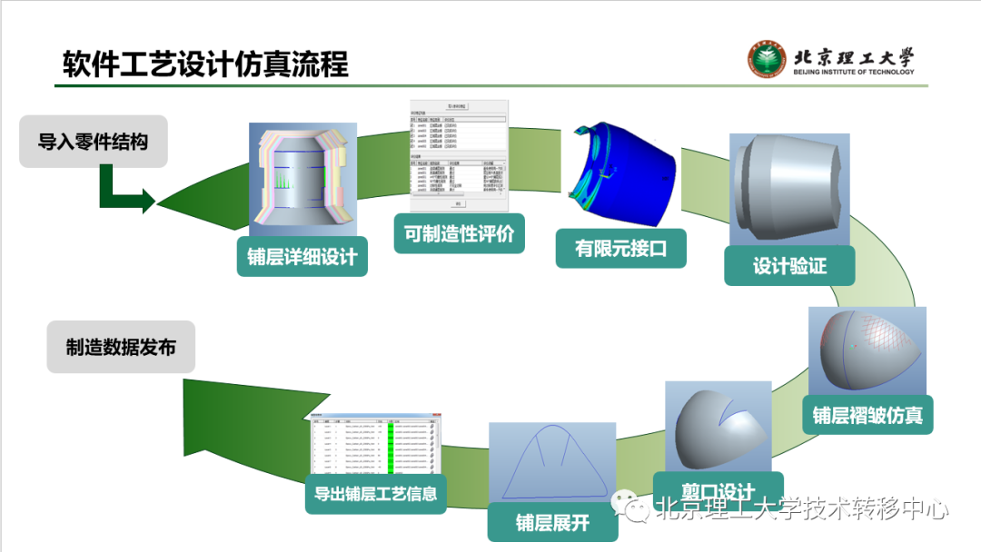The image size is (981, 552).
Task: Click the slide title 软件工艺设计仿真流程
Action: click(x=205, y=65)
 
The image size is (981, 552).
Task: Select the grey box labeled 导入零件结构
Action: click(x=94, y=141)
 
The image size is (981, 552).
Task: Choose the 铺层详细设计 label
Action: click(x=302, y=256)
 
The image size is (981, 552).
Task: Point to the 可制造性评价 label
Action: click(x=459, y=233)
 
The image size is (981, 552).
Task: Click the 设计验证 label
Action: click(x=789, y=266)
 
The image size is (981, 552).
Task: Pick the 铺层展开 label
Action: click(x=552, y=523)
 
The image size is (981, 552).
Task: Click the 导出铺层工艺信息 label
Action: click(x=375, y=494)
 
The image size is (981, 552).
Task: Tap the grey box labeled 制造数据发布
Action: click(x=121, y=346)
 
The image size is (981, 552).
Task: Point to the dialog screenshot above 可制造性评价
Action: click(x=459, y=155)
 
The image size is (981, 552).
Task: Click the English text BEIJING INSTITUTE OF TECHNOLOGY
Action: click(x=854, y=72)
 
